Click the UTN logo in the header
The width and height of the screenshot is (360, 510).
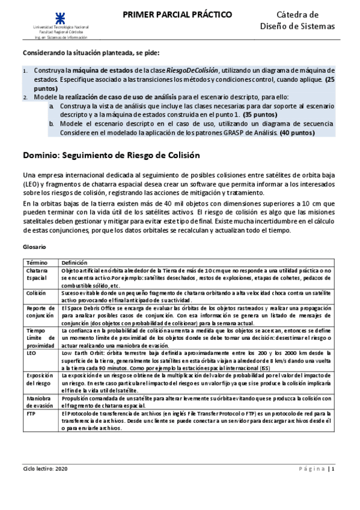pyautogui.click(x=63, y=14)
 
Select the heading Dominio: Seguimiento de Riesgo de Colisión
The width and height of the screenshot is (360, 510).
pyautogui.click(x=111, y=155)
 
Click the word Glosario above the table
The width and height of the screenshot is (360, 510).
pyautogui.click(x=34, y=247)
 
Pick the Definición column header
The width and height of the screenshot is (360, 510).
pyautogui.click(x=74, y=263)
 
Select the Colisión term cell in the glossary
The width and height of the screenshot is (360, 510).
pyautogui.click(x=35, y=292)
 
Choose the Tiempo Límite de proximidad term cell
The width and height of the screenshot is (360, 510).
pyautogui.click(x=39, y=338)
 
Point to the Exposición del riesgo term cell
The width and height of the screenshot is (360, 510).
pyautogui.click(x=38, y=378)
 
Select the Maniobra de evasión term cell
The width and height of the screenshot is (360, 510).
pyautogui.click(x=38, y=401)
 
